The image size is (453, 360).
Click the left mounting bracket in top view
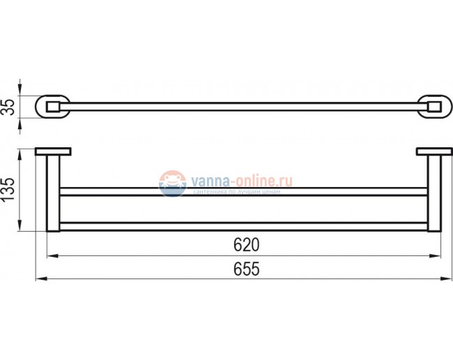pyautogui.click(x=53, y=107)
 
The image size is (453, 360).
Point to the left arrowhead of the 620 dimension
pyautogui.click(x=50, y=255)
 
